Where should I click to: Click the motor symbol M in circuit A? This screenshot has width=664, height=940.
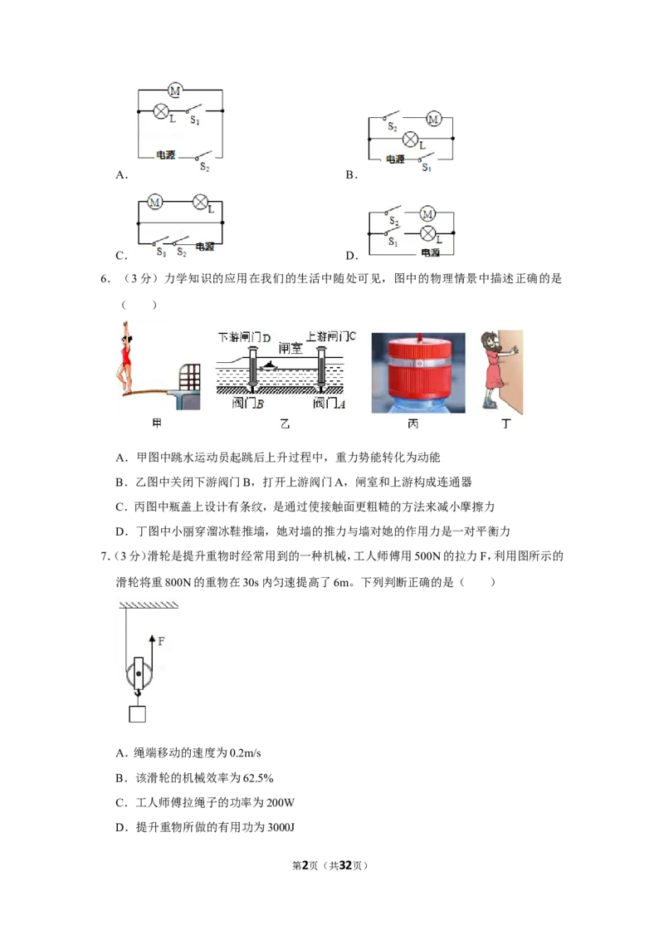point(175,91)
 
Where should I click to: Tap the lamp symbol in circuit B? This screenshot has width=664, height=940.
point(410,139)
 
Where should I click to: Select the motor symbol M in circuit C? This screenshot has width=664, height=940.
point(154,202)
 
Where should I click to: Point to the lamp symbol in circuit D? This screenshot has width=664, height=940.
point(428,233)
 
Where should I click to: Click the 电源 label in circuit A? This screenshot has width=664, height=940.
point(166,154)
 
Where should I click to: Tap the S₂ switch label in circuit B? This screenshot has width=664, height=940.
point(393,127)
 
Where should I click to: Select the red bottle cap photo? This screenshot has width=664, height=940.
point(418,372)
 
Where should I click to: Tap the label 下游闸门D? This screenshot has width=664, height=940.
point(245,337)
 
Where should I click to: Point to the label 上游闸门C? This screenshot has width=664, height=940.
point(331,336)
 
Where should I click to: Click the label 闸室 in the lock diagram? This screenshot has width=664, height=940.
point(290,348)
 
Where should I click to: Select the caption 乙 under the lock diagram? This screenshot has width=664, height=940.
point(286,423)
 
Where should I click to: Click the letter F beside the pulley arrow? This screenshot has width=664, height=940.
point(161,642)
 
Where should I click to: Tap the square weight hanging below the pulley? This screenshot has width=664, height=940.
point(138,714)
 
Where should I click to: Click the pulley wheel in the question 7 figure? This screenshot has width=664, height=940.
point(139,673)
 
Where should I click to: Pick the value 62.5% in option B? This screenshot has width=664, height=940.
point(258,778)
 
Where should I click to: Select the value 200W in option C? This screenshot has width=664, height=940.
point(279,803)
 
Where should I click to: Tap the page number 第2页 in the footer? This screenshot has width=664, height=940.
point(305,865)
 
